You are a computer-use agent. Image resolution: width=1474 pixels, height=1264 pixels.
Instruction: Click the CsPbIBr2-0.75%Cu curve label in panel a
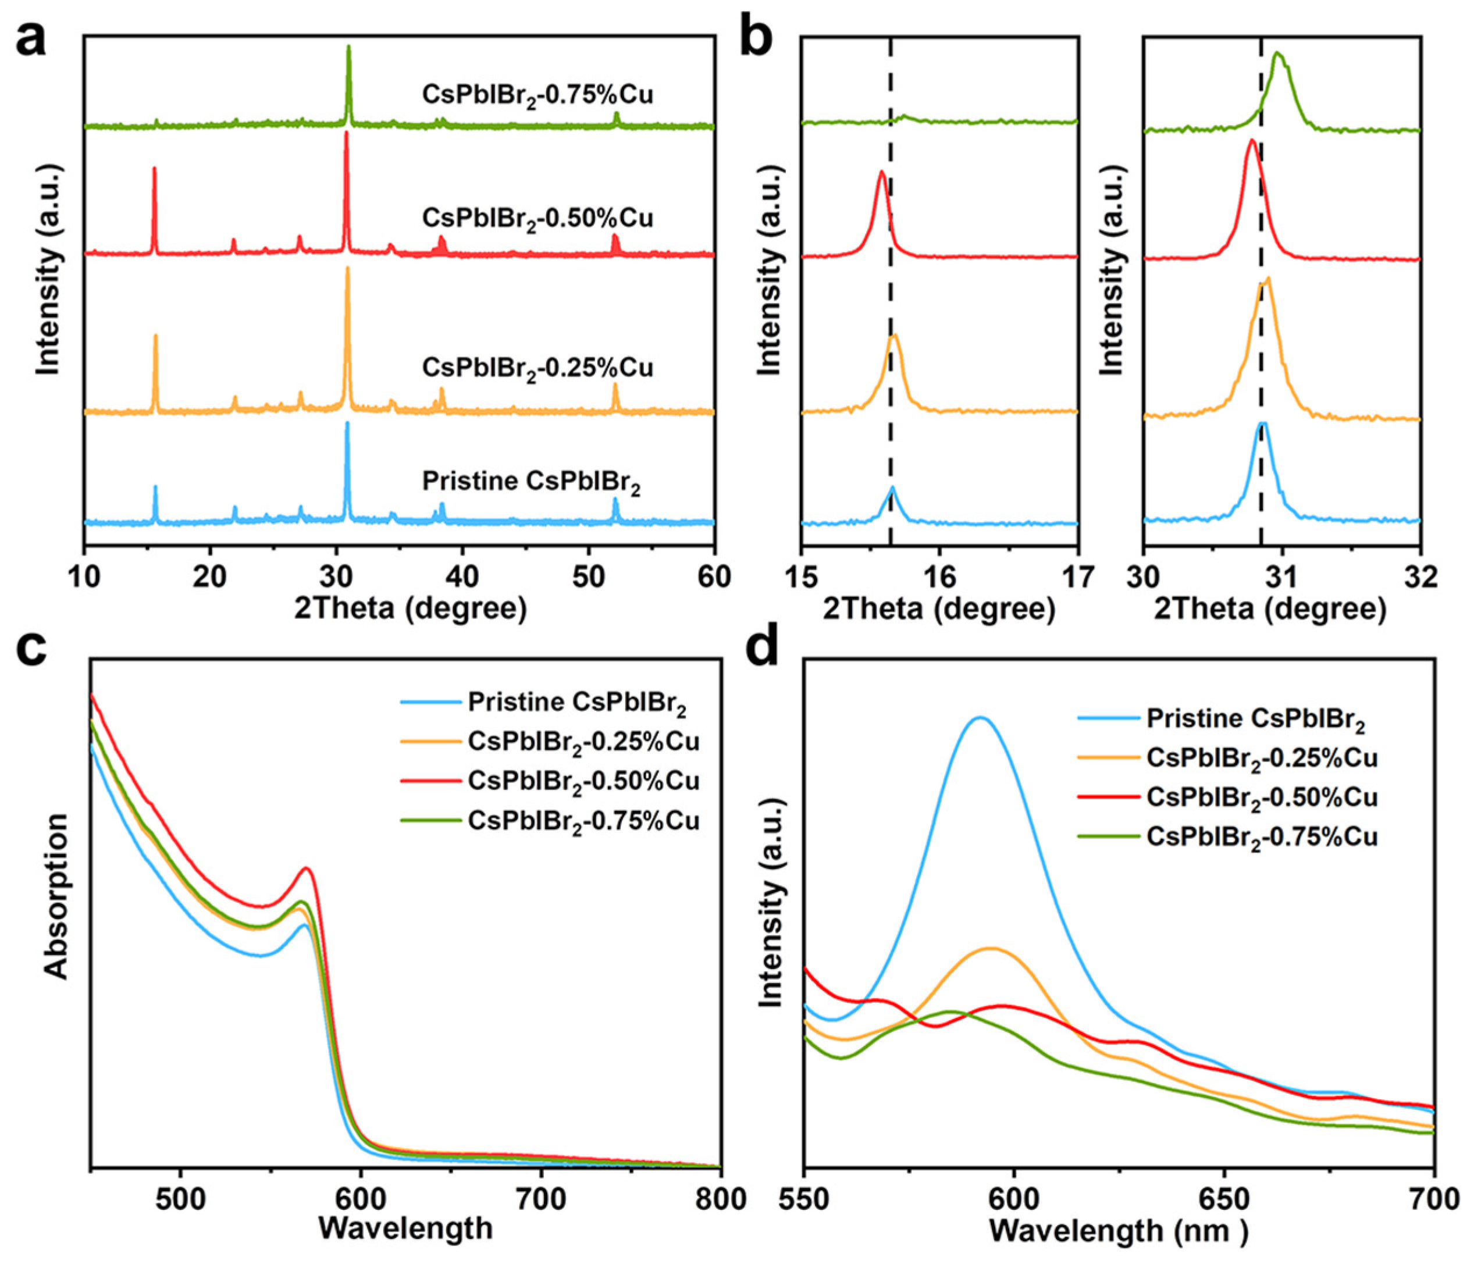pyautogui.click(x=537, y=95)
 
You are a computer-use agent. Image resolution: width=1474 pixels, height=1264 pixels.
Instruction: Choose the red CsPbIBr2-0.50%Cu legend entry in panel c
pyautogui.click(x=583, y=781)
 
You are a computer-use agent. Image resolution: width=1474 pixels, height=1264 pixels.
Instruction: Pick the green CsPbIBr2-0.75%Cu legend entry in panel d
pyautogui.click(x=1261, y=836)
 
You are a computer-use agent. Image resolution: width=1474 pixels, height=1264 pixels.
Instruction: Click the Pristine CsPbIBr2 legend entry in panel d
pyautogui.click(x=1256, y=720)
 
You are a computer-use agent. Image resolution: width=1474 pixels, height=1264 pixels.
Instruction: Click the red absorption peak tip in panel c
pyautogui.click(x=307, y=868)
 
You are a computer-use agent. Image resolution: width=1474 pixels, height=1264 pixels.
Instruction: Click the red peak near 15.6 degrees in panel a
pyautogui.click(x=154, y=169)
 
